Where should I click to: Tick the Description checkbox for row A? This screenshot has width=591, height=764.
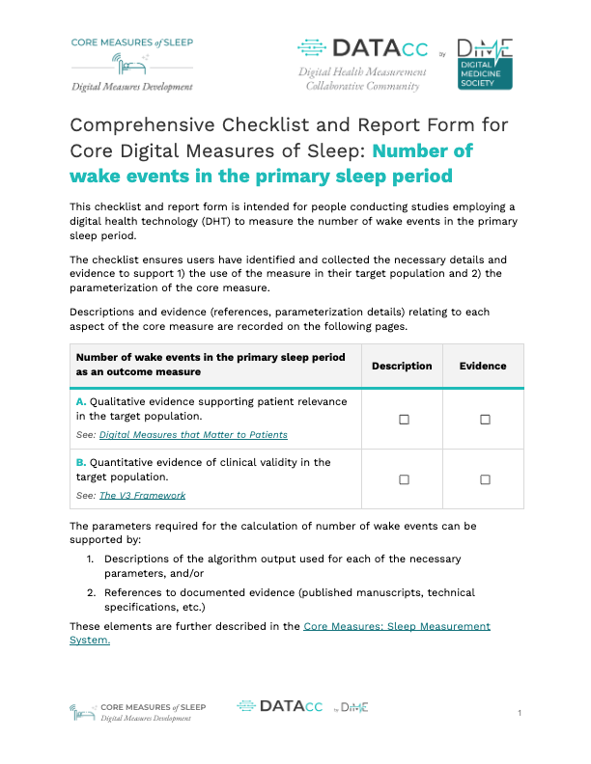coord(404,419)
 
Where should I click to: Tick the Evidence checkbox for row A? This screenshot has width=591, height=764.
coord(485,419)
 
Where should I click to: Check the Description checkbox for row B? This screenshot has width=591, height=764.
coord(404,479)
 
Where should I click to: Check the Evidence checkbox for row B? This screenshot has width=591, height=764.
coord(485,479)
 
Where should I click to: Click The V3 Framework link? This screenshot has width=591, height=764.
coord(142,496)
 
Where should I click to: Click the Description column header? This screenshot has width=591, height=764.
coord(402,367)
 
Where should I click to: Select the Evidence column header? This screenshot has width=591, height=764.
coord(483,367)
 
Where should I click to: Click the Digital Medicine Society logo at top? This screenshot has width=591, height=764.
coord(484,66)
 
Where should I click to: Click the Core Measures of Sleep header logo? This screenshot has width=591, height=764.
coord(131,64)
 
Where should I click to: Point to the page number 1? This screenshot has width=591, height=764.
coord(520,713)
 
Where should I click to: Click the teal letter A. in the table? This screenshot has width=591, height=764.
coord(81,400)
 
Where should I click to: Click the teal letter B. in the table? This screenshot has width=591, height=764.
coord(81,462)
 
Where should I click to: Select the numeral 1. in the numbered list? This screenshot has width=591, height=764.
coord(91,559)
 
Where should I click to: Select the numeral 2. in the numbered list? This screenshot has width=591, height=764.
coord(91,592)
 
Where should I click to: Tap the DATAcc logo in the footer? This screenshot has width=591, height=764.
coord(280,707)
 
